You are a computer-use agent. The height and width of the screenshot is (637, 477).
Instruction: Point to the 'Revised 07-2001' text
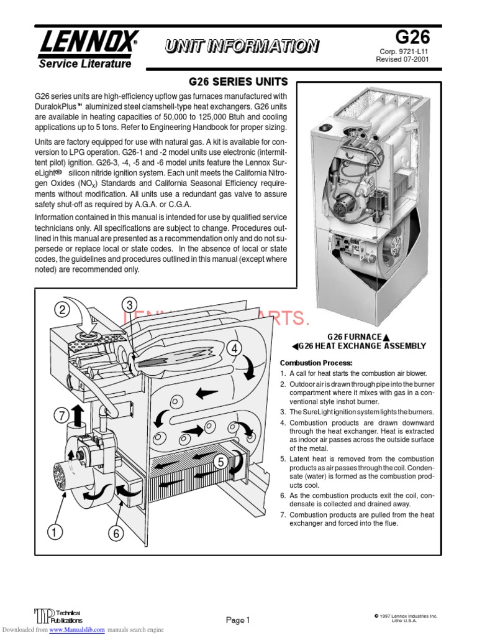[402, 60]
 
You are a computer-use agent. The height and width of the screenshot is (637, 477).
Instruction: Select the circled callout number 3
[129, 305]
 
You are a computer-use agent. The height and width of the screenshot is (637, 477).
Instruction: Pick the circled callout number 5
[219, 462]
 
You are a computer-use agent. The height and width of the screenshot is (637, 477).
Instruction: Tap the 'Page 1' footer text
[237, 620]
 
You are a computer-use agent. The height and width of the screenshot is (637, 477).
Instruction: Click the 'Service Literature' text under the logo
[85, 63]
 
